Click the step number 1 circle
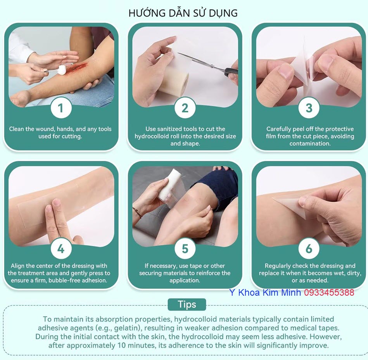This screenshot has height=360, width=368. [x=61, y=108]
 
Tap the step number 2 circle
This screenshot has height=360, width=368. [x=185, y=108]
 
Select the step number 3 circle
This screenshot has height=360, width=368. [x=309, y=108]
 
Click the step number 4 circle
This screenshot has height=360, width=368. [x=61, y=248]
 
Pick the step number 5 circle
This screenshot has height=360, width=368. [x=185, y=248]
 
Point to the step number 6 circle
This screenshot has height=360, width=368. [x=309, y=248]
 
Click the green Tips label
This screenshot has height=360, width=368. [x=187, y=304]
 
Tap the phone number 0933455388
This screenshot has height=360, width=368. [x=329, y=293]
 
